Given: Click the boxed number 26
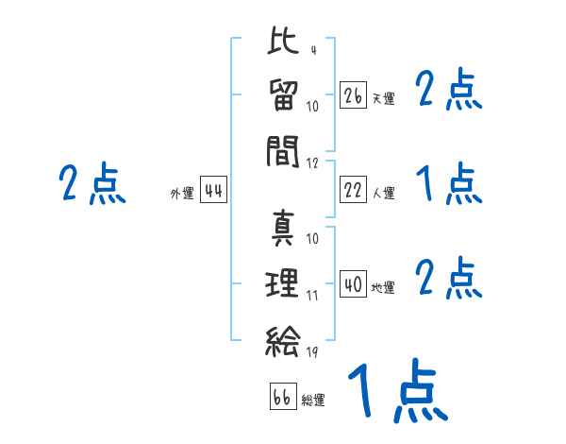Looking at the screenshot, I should pyautogui.click(x=353, y=95).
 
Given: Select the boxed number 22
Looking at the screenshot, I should pyautogui.click(x=353, y=191).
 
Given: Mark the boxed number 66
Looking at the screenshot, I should pyautogui.click(x=282, y=397).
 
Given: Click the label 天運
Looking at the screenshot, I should pyautogui.click(x=383, y=98).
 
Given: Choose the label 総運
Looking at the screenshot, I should pyautogui.click(x=313, y=400).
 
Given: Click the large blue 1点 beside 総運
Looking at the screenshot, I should pyautogui.click(x=396, y=392).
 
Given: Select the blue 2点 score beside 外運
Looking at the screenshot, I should pyautogui.click(x=92, y=184).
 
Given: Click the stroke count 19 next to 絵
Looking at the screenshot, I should pyautogui.click(x=312, y=353).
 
